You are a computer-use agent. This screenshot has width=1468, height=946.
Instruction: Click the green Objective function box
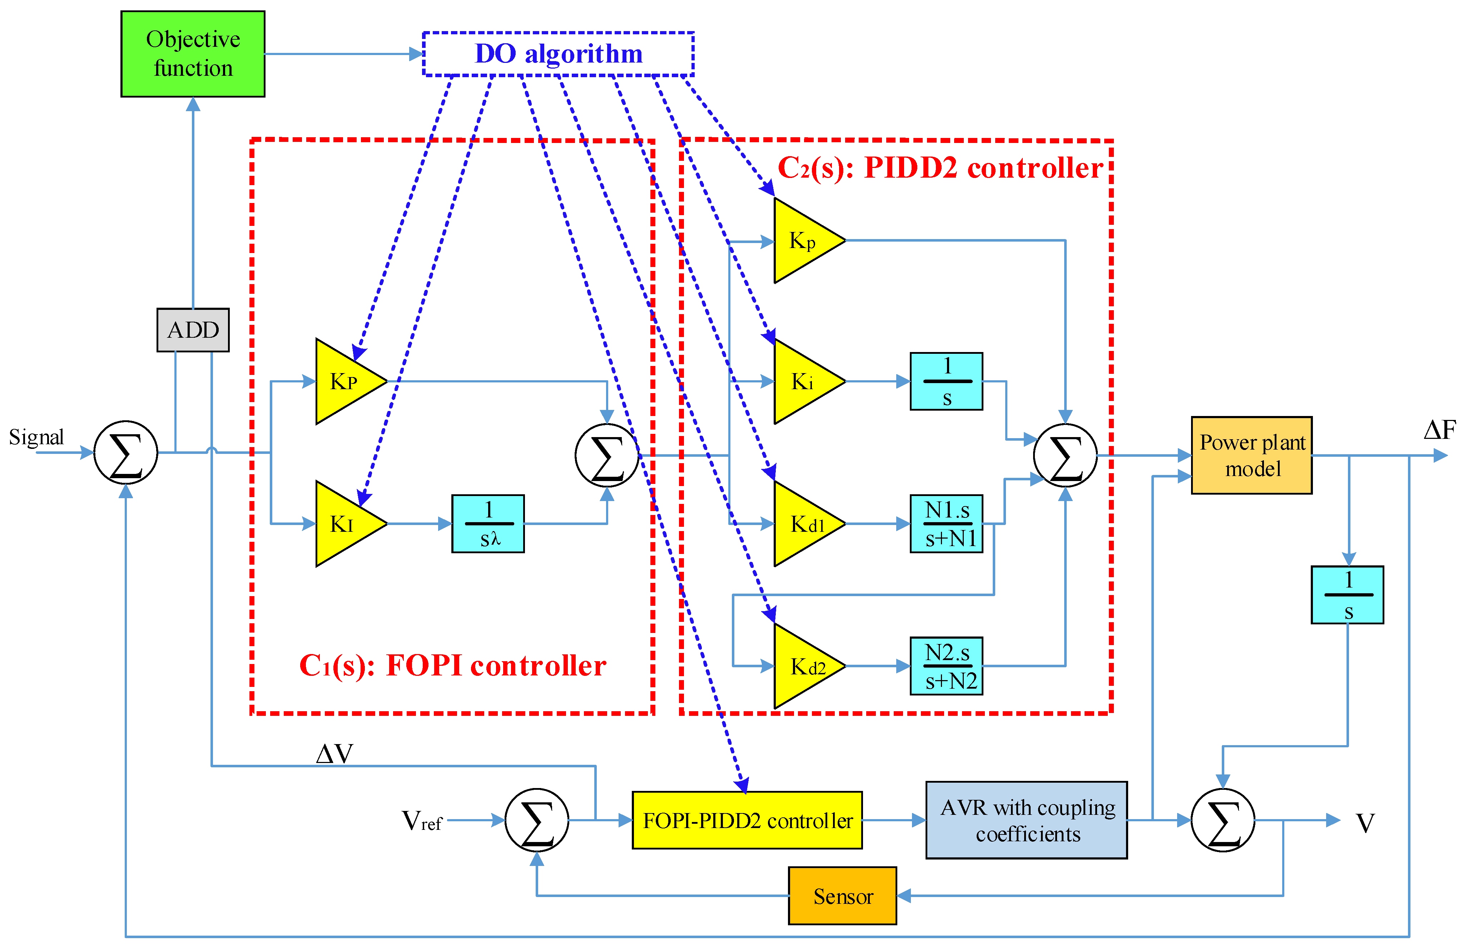(193, 54)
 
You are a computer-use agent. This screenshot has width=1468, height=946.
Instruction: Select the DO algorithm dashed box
(558, 54)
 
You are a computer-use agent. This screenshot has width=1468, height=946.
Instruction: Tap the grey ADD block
(193, 330)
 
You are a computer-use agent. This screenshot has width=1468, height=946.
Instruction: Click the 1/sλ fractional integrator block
(488, 524)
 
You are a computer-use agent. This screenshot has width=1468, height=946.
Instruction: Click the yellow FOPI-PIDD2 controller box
(747, 820)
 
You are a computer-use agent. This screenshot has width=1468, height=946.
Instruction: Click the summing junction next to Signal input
(126, 453)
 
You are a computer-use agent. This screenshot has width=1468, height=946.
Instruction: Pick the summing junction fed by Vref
(536, 820)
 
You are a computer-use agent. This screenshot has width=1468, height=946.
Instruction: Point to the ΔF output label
(1439, 430)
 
